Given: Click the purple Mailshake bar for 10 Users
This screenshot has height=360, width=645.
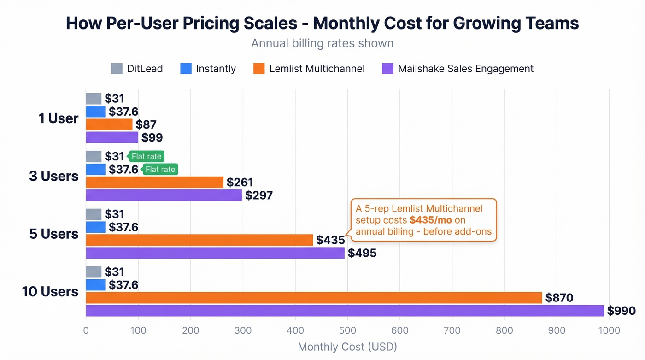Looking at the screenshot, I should (345, 311).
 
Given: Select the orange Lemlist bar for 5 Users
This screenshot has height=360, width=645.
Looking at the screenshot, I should (199, 240).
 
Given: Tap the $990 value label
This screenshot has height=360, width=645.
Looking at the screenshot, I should (622, 311).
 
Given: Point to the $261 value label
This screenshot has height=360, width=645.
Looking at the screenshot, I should (240, 182).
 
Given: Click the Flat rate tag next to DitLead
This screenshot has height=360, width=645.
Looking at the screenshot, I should (147, 156).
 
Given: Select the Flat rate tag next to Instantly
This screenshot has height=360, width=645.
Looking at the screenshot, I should (160, 170).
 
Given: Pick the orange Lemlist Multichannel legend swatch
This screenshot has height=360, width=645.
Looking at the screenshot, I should (259, 69).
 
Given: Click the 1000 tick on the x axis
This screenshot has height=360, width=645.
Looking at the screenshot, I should (609, 330).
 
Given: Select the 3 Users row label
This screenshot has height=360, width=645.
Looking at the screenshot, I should (54, 176).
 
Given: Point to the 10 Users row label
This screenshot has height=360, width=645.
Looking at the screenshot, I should (50, 292).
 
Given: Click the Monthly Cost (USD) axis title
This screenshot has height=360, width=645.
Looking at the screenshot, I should (347, 347).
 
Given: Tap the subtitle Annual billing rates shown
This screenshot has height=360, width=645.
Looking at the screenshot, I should (322, 43).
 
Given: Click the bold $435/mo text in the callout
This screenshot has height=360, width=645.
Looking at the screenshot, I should (430, 220).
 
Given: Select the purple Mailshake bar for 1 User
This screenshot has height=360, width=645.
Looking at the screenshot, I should (112, 137).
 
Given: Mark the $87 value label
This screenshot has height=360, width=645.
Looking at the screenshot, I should (146, 124).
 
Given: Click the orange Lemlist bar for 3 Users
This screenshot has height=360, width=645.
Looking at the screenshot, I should (154, 182).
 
